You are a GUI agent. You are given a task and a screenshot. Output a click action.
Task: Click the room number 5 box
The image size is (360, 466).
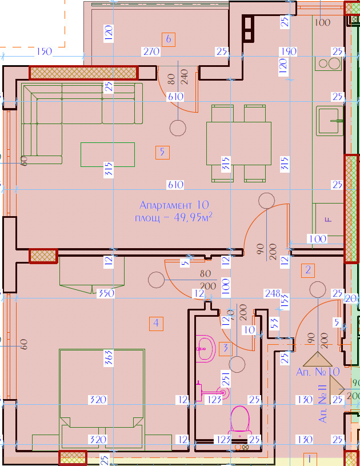click(163, 152)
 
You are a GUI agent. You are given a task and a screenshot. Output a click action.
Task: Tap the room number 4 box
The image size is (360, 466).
click(155, 323)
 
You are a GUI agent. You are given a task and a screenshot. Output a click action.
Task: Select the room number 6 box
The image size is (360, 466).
click(168, 39)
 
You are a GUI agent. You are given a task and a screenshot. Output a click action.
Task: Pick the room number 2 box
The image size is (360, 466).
click(308, 270)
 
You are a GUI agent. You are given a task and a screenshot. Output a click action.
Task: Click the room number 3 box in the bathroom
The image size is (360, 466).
click(226, 348)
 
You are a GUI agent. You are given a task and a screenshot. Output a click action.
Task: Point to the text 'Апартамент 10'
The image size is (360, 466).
click(174, 205)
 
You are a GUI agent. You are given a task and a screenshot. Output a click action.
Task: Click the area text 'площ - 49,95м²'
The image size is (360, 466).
click(174, 217)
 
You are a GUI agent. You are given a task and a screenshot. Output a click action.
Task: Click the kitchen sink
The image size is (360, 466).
click(330, 120)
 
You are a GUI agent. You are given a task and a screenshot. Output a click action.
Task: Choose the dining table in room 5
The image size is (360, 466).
click(238, 142)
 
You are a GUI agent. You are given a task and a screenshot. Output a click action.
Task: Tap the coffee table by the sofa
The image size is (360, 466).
click(107, 154)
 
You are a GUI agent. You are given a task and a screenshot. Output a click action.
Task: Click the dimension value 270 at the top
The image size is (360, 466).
click(151, 52)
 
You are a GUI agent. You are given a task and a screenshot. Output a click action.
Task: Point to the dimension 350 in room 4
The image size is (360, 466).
click(106, 294)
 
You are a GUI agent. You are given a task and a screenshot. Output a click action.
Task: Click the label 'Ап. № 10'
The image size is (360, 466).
click(318, 372)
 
